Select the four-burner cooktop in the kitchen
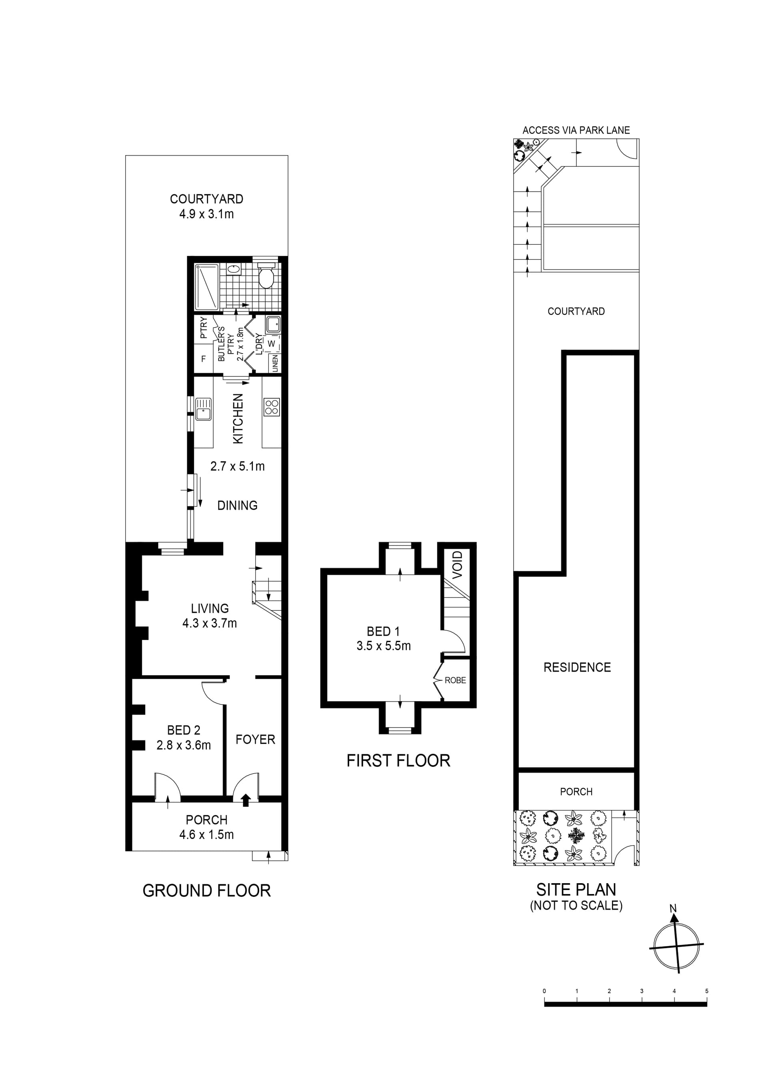coord(272,407)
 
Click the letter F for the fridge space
coord(203,359)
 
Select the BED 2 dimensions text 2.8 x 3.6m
coord(184,745)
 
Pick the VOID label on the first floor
coord(457,565)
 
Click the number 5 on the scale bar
coord(706,991)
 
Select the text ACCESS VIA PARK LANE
coord(576,130)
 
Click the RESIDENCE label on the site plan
coord(577,667)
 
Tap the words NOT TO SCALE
coord(576,906)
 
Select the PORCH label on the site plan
coord(576,792)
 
